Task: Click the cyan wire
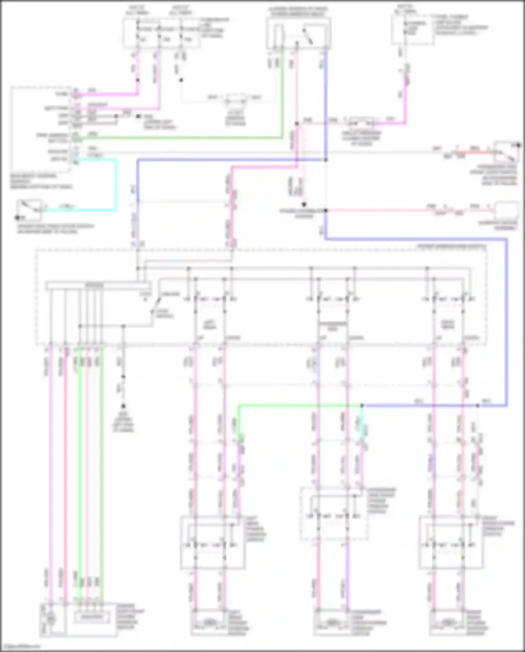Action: (x=115, y=186)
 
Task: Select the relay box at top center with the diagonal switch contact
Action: (x=299, y=33)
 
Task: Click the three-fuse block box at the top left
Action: (x=161, y=33)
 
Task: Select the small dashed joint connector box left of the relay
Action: (x=236, y=102)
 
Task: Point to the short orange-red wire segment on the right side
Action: (x=476, y=152)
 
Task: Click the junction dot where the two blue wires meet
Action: (x=326, y=160)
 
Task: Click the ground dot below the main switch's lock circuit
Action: (x=123, y=406)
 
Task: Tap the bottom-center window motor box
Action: (x=332, y=622)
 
